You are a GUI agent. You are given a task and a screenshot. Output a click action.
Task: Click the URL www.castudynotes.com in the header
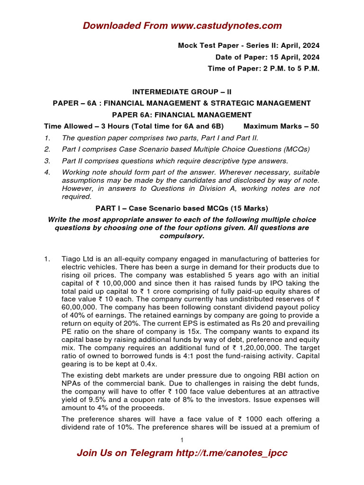coord(226,26)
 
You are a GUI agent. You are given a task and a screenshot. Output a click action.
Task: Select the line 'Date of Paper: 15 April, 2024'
coord(267,57)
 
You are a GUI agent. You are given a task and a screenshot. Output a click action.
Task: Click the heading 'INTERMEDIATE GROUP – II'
coord(182,91)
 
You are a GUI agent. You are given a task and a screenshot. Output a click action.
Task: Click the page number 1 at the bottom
coord(182,440)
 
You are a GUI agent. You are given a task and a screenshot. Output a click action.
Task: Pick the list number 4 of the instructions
coord(47,172)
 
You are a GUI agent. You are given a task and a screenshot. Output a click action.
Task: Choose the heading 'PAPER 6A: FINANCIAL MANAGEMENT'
coord(182,115)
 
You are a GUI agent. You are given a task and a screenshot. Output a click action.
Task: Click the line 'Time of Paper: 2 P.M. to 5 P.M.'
coord(264,68)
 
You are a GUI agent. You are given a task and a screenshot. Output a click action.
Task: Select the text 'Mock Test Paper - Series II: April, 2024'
coord(248,45)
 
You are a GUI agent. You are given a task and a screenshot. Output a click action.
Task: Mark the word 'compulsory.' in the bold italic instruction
coord(182,235)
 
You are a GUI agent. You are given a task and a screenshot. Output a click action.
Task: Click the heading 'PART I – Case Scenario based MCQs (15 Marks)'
coord(182,208)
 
